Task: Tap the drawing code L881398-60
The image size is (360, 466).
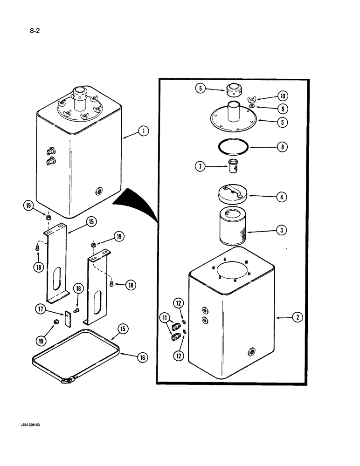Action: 33,424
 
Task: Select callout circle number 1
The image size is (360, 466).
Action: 144,131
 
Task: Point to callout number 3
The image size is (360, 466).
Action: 282,229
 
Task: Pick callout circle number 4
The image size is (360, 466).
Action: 281,197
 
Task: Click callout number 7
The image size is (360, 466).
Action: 199,165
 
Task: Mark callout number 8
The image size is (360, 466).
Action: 281,147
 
